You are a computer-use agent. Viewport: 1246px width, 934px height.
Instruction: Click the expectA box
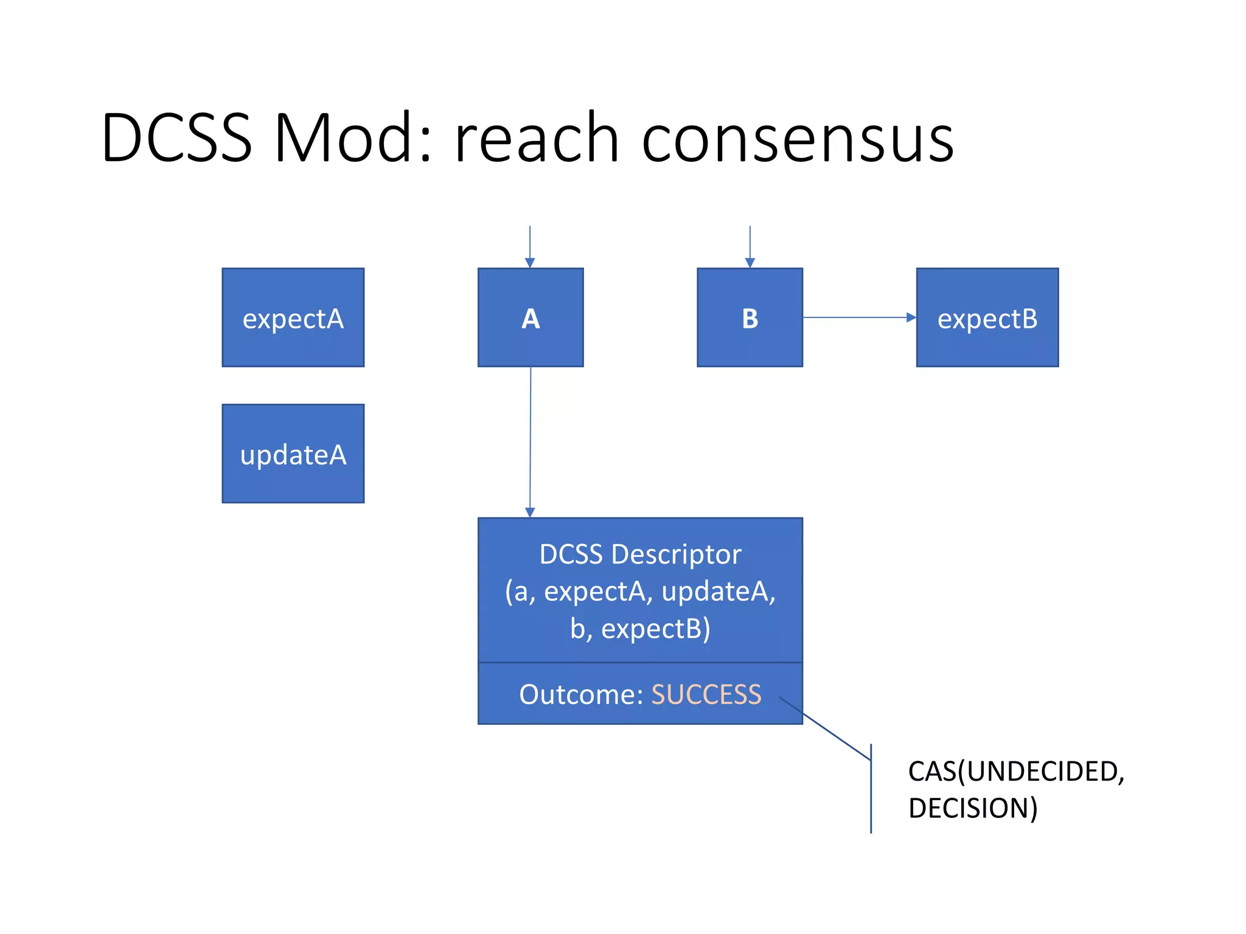(293, 317)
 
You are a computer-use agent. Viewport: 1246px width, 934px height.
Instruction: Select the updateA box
(293, 454)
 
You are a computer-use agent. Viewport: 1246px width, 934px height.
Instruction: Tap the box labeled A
(530, 317)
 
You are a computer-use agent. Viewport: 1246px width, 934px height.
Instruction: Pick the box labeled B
(750, 317)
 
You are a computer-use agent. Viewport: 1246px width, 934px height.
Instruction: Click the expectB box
(987, 317)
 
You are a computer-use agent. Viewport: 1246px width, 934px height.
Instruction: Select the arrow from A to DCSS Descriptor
(530, 441)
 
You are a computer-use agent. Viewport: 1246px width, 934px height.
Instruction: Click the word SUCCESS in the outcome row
(706, 694)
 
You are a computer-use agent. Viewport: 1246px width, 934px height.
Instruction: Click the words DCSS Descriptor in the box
(640, 554)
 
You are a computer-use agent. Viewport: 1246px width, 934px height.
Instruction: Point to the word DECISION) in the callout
(972, 808)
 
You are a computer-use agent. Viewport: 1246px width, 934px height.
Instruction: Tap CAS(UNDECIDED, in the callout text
(1015, 771)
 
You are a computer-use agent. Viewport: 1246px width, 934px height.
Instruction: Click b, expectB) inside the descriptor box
(640, 629)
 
